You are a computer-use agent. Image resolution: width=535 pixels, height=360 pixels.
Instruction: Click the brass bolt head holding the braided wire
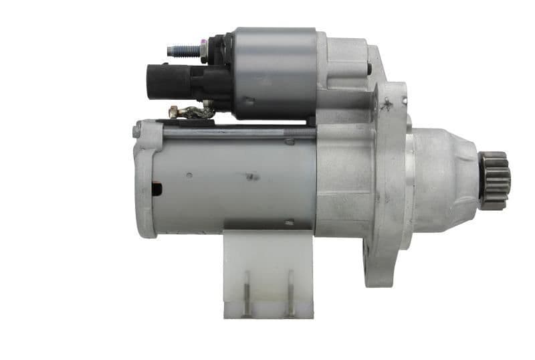(x=175, y=111)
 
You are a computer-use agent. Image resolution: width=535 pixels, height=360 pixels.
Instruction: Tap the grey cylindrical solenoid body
(x=274, y=74)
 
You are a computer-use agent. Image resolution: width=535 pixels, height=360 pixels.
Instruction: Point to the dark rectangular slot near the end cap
(x=156, y=189)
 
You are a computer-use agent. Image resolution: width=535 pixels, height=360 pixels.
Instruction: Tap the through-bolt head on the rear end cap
(x=137, y=130)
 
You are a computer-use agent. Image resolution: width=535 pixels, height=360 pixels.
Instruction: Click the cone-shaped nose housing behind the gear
(x=445, y=177)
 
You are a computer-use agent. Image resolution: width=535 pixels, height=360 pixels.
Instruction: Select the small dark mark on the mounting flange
(x=385, y=104)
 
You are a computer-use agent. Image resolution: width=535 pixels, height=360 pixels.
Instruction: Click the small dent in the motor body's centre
(x=252, y=177)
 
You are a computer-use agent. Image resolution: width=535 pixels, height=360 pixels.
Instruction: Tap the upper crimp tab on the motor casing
(x=289, y=141)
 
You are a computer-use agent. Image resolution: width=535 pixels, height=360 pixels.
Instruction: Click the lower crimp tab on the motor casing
(x=288, y=223)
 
